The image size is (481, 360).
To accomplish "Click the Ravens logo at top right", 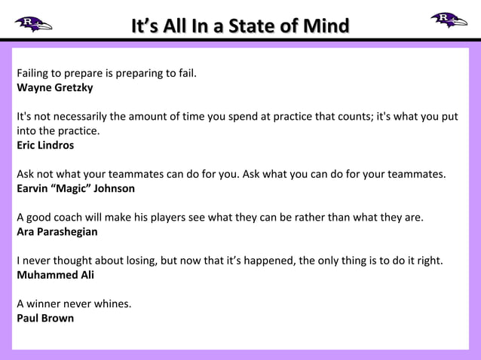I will coord(449,20).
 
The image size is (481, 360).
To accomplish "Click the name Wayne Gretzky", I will coord(55,87).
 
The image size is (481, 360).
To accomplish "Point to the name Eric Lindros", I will coord(45,145).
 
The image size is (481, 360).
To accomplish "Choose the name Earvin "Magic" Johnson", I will coord(76,188).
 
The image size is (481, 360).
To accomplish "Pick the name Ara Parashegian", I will coord(57,231).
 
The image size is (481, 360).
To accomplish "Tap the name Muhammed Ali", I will coord(56,275).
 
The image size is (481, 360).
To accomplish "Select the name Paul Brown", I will coord(45,318).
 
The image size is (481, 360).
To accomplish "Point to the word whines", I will coord(112,304).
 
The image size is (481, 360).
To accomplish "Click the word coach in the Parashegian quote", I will coord(70,218).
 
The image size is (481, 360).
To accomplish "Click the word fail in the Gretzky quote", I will coord(185,74).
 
